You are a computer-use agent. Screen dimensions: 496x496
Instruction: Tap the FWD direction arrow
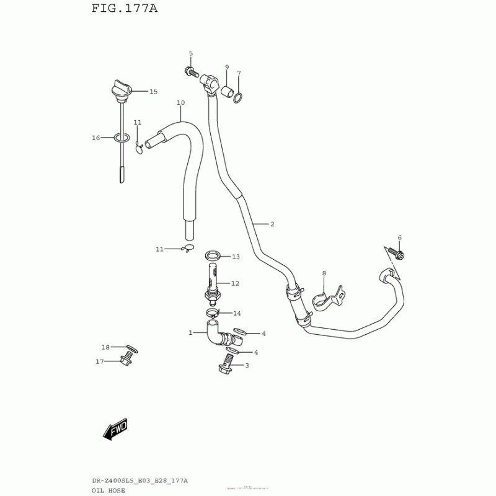[115, 428]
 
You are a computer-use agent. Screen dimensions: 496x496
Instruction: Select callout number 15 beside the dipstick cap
[153, 92]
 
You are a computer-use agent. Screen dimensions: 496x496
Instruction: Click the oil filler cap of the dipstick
[120, 88]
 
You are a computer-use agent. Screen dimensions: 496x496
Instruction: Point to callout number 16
[96, 138]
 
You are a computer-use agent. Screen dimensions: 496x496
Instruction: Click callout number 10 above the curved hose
[180, 102]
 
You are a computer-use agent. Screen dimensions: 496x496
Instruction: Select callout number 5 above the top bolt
[190, 53]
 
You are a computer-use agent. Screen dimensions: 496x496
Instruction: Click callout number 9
[226, 67]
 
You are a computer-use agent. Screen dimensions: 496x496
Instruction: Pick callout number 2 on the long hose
[272, 223]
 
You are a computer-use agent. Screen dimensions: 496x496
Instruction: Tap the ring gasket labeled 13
[213, 255]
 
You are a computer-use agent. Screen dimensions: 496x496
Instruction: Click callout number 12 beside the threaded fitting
[235, 283]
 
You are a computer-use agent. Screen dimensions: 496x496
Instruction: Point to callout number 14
[237, 313]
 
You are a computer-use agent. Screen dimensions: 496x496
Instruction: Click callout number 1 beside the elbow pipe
[191, 333]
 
